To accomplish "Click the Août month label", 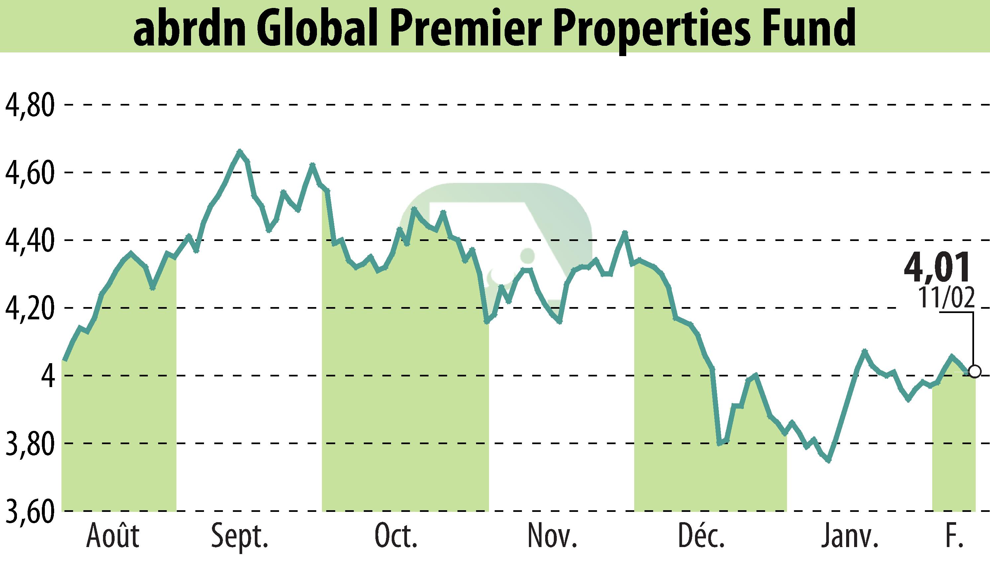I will click(x=113, y=536).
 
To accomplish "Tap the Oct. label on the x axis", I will click(x=396, y=536).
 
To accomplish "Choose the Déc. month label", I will click(x=701, y=536).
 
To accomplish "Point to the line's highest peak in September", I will click(x=240, y=151).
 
